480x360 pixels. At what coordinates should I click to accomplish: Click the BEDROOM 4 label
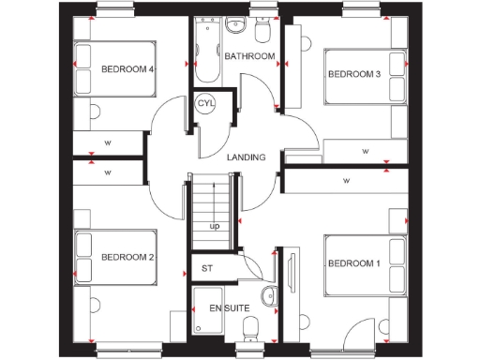[127, 68]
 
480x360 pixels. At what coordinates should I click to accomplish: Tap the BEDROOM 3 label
[352, 75]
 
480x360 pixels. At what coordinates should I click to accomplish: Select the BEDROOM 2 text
[127, 257]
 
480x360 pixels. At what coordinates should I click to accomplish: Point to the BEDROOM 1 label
[353, 263]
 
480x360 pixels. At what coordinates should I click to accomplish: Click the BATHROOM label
[250, 56]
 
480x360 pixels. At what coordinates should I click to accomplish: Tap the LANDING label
[246, 157]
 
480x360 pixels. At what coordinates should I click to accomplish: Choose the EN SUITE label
[229, 307]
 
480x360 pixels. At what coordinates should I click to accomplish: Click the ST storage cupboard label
[207, 268]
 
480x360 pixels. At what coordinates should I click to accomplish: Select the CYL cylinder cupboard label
[206, 103]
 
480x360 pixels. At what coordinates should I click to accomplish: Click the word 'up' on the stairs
[215, 226]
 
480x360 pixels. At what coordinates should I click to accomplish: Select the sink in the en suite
[269, 293]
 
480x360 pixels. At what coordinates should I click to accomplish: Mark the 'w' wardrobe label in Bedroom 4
[108, 143]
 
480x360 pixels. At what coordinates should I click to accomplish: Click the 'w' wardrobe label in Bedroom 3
[365, 150]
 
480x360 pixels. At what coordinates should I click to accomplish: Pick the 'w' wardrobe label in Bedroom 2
[108, 173]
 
